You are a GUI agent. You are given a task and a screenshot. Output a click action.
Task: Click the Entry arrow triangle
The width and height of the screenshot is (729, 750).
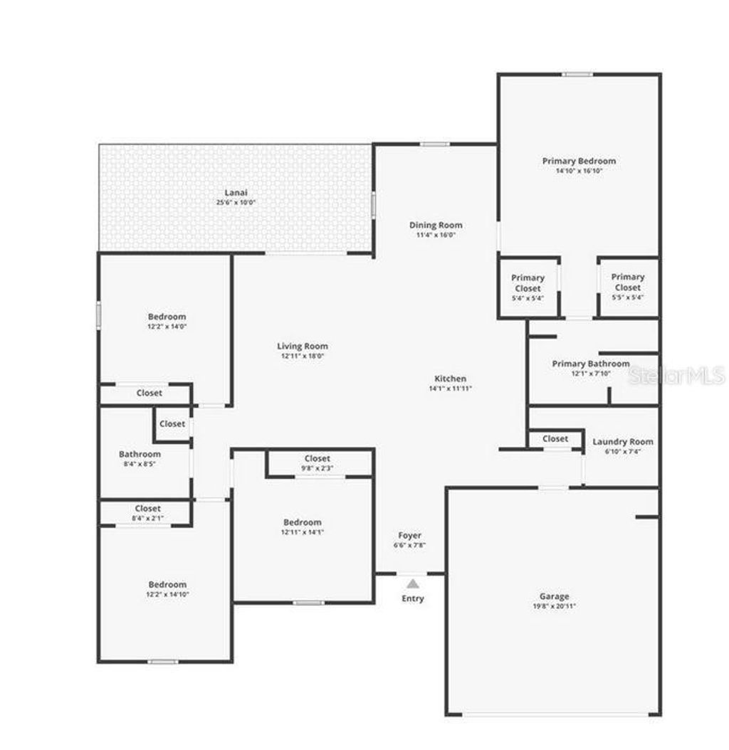click(413, 583)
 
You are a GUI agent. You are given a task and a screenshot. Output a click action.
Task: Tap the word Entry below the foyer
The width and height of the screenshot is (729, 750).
click(413, 598)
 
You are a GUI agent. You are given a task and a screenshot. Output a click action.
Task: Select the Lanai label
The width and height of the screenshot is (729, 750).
click(236, 193)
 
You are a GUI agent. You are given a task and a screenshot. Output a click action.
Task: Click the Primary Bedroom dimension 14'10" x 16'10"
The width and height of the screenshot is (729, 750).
click(578, 171)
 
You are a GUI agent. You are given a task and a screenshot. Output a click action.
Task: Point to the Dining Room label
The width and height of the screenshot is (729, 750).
click(436, 226)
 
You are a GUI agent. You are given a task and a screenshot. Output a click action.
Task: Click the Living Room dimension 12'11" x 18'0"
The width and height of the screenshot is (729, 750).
click(303, 356)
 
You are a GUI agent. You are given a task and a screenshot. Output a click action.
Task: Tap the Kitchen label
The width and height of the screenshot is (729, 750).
click(451, 379)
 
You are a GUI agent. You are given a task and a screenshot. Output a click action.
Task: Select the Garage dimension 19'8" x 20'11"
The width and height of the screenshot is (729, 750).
click(554, 606)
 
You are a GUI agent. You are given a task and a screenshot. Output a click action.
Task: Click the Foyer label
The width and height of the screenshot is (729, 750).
click(409, 535)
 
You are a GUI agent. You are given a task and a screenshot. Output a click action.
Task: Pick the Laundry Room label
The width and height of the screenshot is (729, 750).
click(622, 442)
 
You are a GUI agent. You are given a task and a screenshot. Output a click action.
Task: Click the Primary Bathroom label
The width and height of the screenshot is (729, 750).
click(590, 364)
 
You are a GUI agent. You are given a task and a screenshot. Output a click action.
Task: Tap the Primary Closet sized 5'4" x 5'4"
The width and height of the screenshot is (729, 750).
click(528, 283)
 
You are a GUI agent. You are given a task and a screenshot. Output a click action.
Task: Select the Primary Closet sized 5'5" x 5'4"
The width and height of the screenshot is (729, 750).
click(628, 282)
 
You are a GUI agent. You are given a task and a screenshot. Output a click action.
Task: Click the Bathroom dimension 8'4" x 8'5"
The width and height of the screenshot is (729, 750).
click(140, 463)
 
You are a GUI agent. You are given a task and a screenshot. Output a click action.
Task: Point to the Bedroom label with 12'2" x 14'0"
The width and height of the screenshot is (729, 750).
click(167, 317)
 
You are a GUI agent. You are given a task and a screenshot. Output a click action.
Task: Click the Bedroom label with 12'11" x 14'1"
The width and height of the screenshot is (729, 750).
click(303, 522)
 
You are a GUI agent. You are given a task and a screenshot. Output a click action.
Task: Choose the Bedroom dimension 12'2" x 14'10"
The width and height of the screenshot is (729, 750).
click(167, 594)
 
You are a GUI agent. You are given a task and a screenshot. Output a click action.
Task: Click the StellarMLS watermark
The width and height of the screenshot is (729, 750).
click(676, 375)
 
